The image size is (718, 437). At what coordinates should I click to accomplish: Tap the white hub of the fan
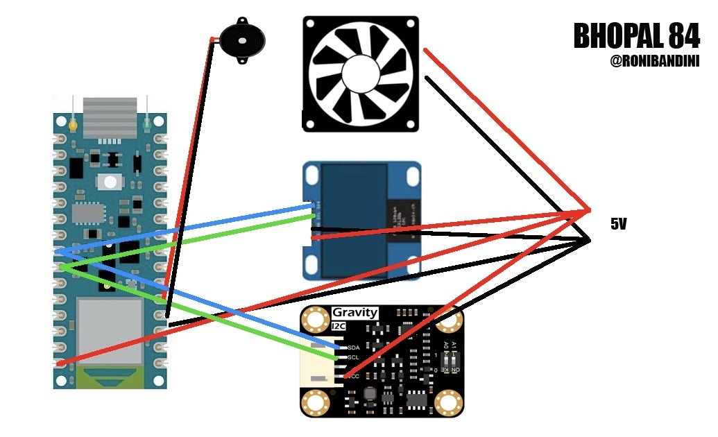360,73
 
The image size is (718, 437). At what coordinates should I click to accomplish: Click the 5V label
619,224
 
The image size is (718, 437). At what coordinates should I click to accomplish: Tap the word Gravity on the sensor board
354,312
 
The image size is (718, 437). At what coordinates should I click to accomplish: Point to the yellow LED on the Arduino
73,126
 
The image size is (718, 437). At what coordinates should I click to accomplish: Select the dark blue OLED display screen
354,219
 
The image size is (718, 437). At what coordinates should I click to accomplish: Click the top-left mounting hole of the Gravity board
318,319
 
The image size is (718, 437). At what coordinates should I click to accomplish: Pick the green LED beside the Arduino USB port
147,126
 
